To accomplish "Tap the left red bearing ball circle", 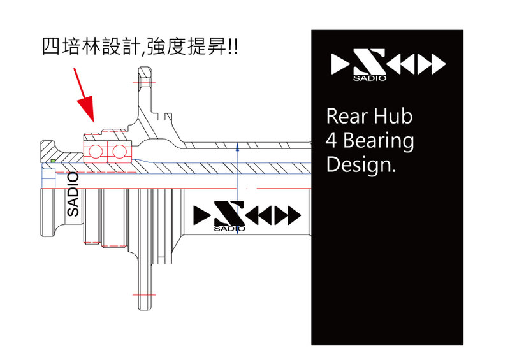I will click(97, 152).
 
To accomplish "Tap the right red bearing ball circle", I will click(118, 152).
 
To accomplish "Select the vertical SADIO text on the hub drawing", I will click(73, 194).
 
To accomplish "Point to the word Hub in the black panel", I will click(393, 117).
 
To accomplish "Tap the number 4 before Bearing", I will click(331, 140).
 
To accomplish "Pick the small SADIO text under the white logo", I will click(365, 79).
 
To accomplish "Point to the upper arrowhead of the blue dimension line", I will click(237, 146).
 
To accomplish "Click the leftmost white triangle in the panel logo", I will click(340, 63).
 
